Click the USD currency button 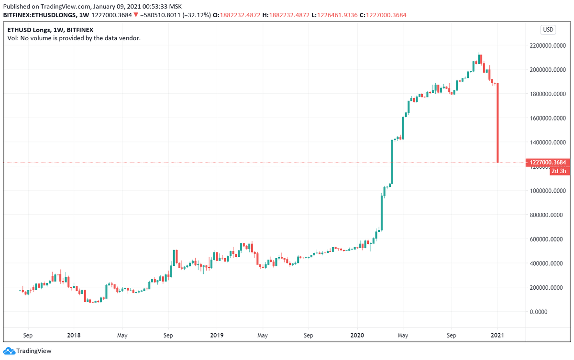click(548, 30)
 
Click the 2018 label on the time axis click(74, 335)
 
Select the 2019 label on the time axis click(217, 335)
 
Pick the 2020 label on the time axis click(357, 335)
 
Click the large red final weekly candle click(498, 123)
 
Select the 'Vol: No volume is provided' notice click(74, 38)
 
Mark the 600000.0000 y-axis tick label click(549, 239)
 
